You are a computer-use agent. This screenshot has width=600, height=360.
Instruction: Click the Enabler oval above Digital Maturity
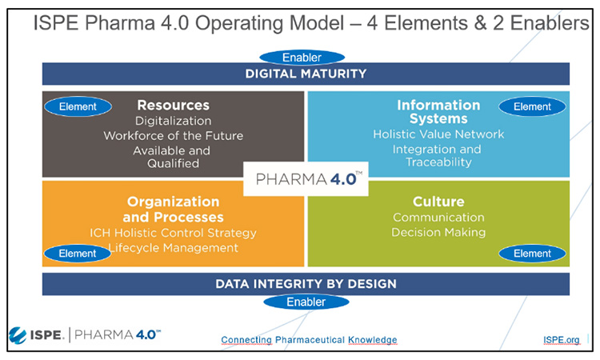302,58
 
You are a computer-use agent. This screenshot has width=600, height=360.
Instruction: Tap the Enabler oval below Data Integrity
306,302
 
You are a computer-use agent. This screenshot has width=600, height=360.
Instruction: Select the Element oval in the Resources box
78,106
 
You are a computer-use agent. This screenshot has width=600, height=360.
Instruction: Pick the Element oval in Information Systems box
532,106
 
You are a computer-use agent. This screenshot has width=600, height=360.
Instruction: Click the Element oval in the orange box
78,254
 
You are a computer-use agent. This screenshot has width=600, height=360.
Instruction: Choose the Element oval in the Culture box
532,254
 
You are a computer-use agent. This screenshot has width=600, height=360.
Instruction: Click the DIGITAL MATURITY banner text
306,74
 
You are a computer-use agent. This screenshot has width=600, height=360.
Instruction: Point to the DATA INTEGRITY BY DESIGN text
306,284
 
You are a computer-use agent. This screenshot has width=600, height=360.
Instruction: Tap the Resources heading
174,105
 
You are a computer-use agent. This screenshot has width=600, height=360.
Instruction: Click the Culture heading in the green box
438,202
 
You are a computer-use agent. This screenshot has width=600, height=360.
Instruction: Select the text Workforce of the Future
174,136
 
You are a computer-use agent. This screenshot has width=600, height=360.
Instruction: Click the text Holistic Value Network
438,134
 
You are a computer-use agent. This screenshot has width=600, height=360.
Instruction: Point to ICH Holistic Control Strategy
174,233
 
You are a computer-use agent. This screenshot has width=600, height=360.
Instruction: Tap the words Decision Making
438,232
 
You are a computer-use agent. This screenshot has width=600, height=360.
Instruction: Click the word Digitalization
174,121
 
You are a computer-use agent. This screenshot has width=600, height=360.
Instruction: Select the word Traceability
438,162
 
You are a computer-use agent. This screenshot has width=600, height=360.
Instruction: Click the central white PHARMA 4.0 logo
306,178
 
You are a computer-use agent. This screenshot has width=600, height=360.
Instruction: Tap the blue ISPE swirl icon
18,335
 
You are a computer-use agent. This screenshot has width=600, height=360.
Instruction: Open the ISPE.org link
562,340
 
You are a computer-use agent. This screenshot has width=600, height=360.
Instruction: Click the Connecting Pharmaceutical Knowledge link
309,340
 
